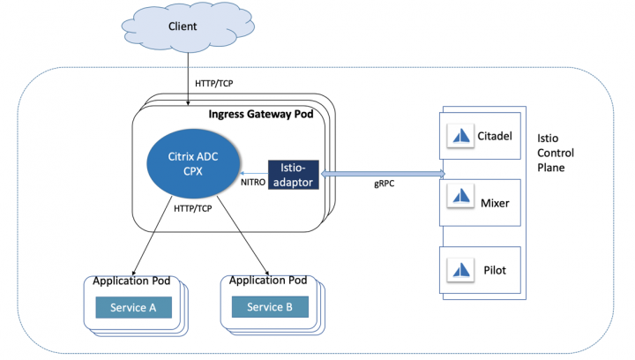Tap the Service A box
132,307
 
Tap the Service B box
270,307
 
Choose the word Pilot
494,268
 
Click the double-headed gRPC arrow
381,174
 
